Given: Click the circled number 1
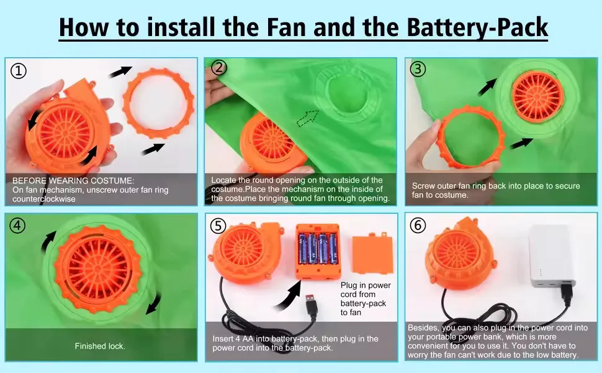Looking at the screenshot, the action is pyautogui.click(x=18, y=71).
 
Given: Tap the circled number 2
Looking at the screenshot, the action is pyautogui.click(x=219, y=68).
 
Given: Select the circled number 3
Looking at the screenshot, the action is pyautogui.click(x=418, y=69).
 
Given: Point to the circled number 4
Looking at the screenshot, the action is pyautogui.click(x=17, y=225).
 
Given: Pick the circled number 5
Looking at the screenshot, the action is pyautogui.click(x=218, y=226).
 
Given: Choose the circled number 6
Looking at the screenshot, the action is pyautogui.click(x=418, y=225).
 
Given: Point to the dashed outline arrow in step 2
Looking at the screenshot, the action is pyautogui.click(x=307, y=117).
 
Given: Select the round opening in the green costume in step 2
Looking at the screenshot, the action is pyautogui.click(x=347, y=94).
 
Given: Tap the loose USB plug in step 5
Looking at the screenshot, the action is pyautogui.click(x=311, y=306).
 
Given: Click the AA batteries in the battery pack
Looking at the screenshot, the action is pyautogui.click(x=318, y=249).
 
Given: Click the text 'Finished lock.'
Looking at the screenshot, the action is pyautogui.click(x=100, y=346).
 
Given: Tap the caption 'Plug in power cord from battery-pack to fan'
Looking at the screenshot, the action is pyautogui.click(x=366, y=299).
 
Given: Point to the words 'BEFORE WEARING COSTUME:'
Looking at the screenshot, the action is pyautogui.click(x=73, y=180).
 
